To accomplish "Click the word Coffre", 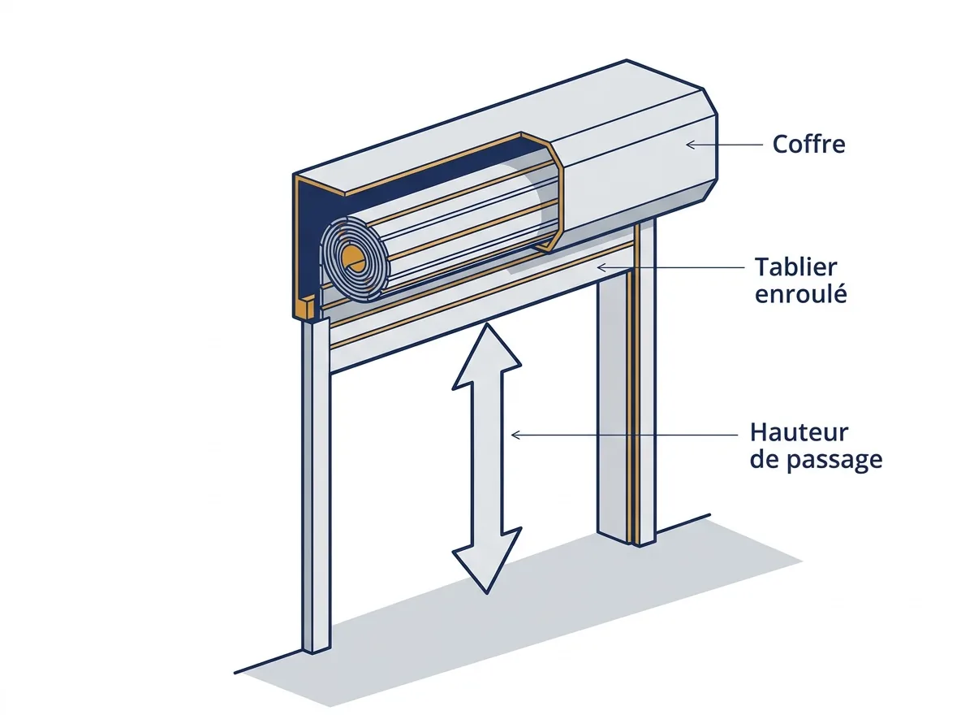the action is click(x=808, y=145).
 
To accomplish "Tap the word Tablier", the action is click(x=796, y=267).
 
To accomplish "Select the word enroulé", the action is click(x=801, y=293).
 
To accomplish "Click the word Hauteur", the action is click(x=799, y=433).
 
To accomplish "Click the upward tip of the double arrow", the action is click(x=487, y=324).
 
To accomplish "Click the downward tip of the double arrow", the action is click(x=487, y=592).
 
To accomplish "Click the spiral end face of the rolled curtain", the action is click(x=355, y=260).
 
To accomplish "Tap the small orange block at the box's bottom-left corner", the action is click(x=309, y=308).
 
